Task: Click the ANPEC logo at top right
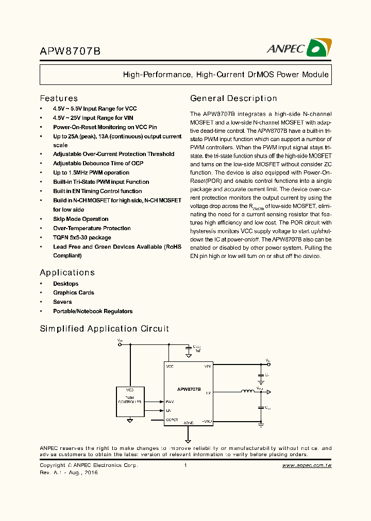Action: pos(298,48)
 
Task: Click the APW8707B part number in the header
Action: pos(70,51)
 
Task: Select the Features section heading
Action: pos(59,98)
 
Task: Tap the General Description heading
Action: pos(233,98)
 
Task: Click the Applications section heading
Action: pos(67,272)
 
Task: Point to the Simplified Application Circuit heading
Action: pos(104,328)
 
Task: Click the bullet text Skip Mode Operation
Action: pos(80,219)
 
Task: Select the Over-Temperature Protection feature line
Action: pos(92,228)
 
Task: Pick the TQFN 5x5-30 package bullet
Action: pos(82,237)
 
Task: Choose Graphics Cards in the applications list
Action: pos(73,292)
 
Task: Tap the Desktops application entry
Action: pos(65,284)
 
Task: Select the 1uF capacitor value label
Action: pos(197,350)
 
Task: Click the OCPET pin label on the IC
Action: pos(172,420)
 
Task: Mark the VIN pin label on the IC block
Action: pos(207,366)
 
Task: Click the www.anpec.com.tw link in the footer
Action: pos(307,465)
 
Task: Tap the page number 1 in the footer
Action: pos(185,465)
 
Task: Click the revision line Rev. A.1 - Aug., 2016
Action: pos(69,473)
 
